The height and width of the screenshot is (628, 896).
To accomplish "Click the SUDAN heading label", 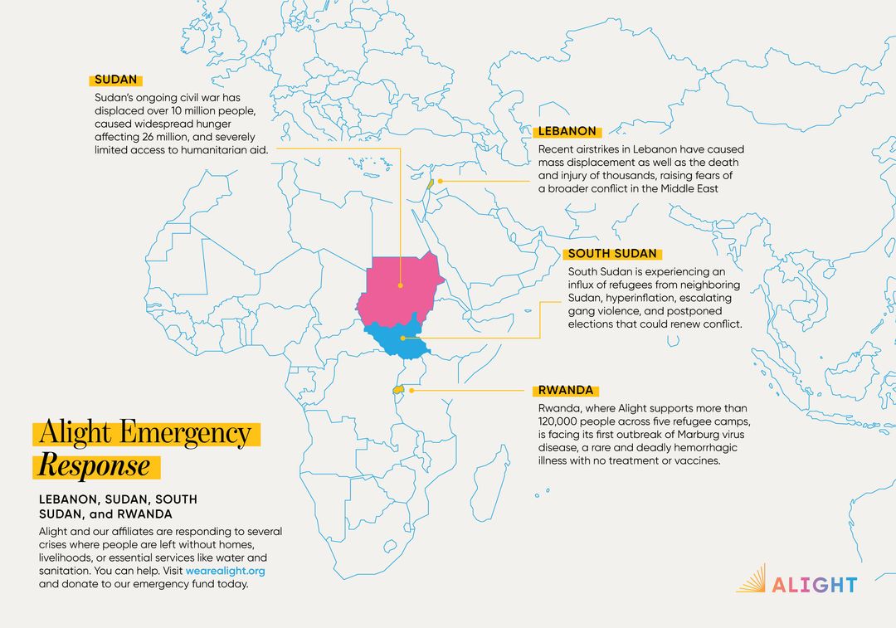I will [x=115, y=80].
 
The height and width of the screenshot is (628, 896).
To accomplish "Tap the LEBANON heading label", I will [x=567, y=131].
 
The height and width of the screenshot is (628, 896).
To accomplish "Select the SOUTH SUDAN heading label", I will [x=612, y=254].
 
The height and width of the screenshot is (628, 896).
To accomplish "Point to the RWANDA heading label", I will [x=567, y=390].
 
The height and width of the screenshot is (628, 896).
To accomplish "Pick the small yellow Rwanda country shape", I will [x=397, y=389].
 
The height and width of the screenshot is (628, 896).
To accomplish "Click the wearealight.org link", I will [x=225, y=571].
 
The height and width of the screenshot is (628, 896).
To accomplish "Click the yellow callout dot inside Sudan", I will [x=400, y=285].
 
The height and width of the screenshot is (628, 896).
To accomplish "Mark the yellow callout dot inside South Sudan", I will [x=402, y=338].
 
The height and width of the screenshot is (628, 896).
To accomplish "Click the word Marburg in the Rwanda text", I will [x=682, y=434].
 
